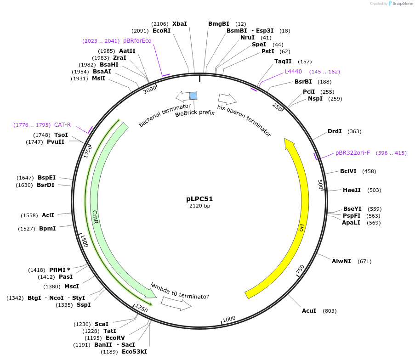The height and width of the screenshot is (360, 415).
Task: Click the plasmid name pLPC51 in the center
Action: coord(199,199)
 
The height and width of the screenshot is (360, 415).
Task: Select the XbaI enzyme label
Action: coord(180,24)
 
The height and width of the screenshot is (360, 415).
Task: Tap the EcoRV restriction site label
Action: coord(115,338)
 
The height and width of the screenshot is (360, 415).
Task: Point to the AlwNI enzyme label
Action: coord(341,261)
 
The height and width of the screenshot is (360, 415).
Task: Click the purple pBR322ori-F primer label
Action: coord(352,153)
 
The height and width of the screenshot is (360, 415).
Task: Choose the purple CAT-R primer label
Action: coord(63,125)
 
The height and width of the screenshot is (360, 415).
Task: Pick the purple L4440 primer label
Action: coord(293,72)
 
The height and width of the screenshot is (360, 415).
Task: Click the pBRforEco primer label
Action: coord(137,41)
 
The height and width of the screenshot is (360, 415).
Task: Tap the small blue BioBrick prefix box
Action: coord(193,96)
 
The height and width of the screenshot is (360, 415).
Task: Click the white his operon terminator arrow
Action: coord(227,98)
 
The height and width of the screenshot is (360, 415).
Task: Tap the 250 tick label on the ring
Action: coord(277,107)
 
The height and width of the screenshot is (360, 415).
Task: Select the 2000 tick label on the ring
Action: coord(150,90)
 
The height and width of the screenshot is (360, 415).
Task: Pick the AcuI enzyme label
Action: coord(309,311)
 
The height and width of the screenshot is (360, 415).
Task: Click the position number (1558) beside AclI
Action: coord(30,215)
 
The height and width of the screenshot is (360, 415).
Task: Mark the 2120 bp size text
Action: coord(199,206)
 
